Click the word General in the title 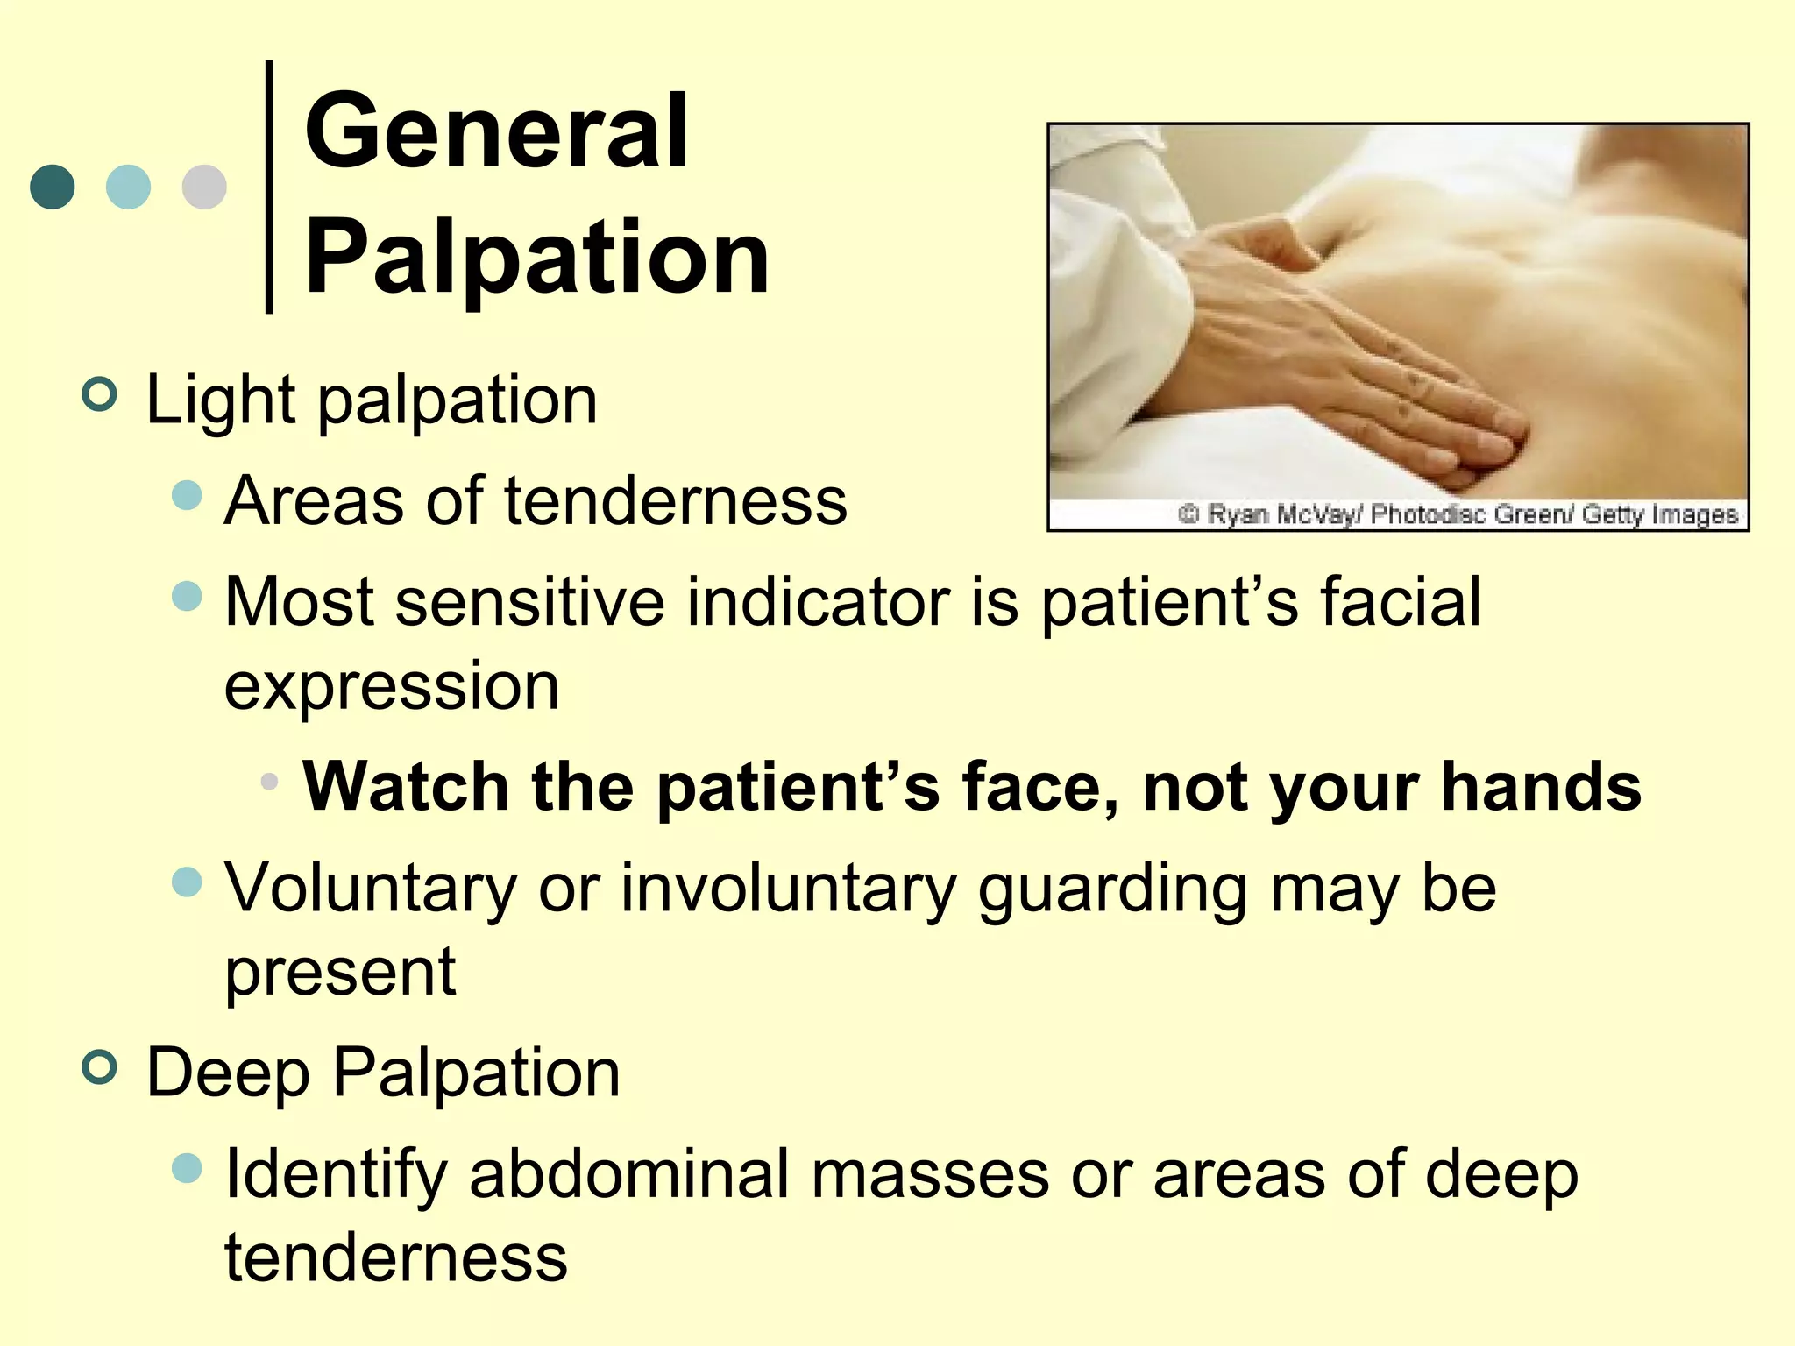coord(496,134)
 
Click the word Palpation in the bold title coord(536,259)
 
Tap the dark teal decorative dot coord(53,187)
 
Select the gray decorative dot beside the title coord(204,187)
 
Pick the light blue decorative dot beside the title coord(128,187)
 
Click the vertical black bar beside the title coord(269,186)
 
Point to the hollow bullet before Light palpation coord(99,395)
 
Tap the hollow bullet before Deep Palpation coord(99,1067)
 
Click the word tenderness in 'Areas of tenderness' coord(676,501)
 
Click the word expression coord(392,686)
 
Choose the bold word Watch coord(406,786)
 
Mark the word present coord(340,973)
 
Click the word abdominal coord(628,1174)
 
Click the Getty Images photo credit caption coord(1458,514)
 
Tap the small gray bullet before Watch coord(270,781)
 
